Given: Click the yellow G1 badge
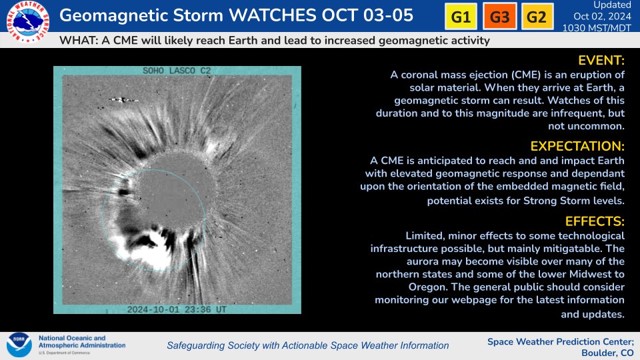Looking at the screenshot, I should click(461, 17).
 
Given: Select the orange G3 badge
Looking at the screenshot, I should click(499, 17).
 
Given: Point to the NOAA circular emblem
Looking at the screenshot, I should click(19, 345).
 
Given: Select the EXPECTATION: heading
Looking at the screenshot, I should click(577, 146).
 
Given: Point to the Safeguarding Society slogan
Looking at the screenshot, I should click(307, 345).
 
